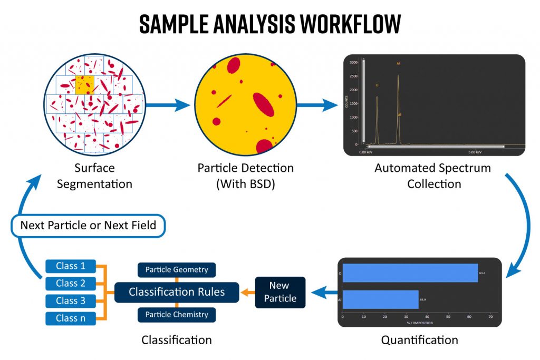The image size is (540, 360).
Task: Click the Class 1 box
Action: [71, 266]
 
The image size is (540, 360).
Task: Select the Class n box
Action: [71, 318]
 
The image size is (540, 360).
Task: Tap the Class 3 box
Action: [71, 300]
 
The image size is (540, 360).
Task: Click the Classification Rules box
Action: [177, 291]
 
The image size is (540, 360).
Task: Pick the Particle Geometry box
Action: [177, 270]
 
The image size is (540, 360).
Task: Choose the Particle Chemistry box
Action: [177, 315]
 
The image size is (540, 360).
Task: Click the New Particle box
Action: [280, 292]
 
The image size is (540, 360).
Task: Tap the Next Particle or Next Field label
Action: [88, 226]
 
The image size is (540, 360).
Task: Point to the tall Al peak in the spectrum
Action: [398, 105]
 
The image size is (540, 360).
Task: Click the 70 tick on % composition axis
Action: [490, 317]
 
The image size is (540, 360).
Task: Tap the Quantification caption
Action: [419, 340]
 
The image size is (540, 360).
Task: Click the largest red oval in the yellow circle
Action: [264, 104]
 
